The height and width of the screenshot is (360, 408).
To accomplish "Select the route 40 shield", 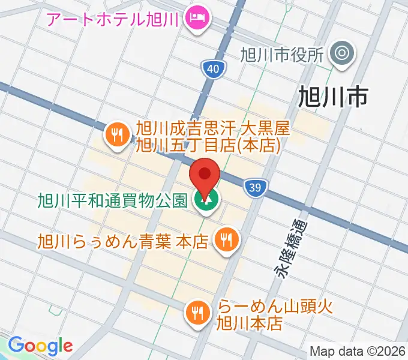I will tap(214, 69).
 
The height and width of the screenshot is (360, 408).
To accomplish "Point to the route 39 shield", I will tap(254, 188).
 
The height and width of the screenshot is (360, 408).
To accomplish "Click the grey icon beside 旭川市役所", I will tap(343, 55).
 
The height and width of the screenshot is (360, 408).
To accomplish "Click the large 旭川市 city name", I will tap(333, 96).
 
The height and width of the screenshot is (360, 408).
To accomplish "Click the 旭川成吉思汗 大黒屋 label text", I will tap(213, 136).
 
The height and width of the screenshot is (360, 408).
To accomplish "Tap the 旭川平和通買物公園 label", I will tap(112, 200).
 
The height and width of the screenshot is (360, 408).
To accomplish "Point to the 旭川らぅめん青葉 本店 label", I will tap(122, 241).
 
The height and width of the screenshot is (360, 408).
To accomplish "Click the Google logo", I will tap(40, 346).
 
